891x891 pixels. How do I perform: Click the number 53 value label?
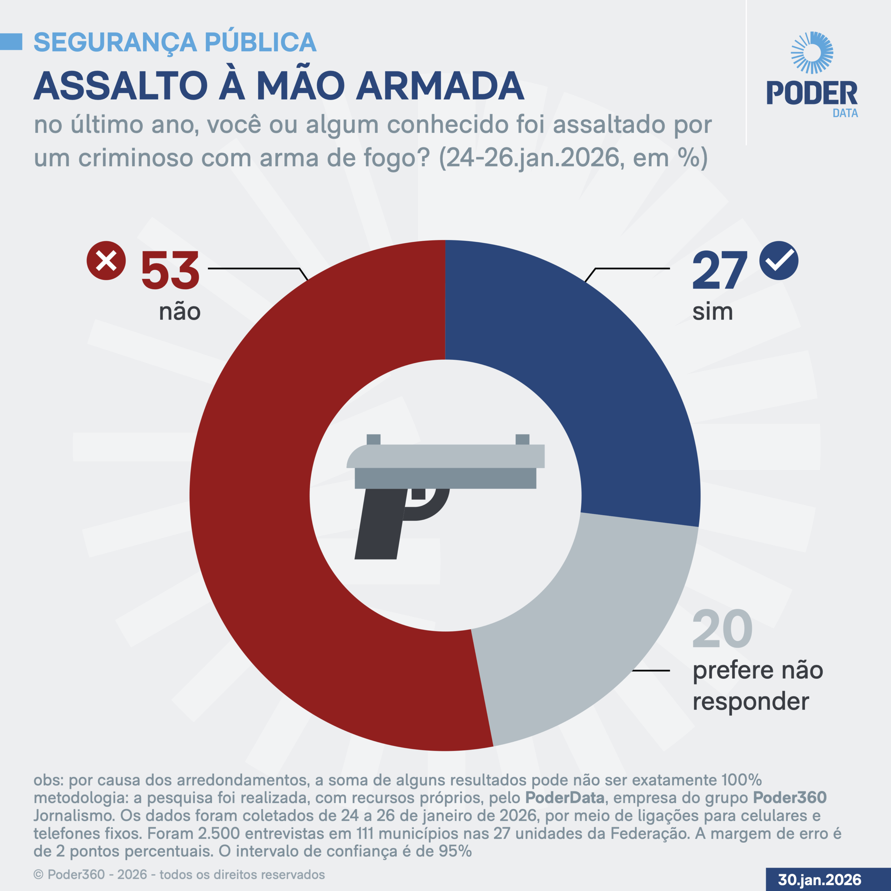170,271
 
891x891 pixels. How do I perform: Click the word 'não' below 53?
179,312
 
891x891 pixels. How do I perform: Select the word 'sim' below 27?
712,312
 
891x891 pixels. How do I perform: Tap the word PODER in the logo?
812,93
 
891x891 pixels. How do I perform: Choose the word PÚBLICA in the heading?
261,42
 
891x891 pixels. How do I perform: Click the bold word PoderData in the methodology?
565,797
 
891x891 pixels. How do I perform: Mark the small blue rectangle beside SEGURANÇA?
11,41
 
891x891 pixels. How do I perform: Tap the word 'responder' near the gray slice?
751,702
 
